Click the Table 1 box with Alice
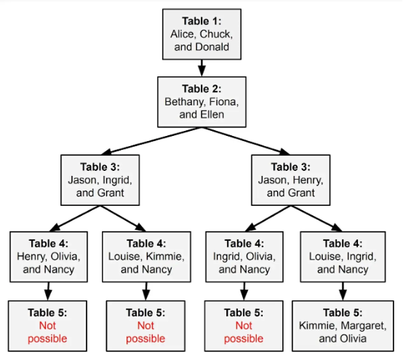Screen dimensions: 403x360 coord(201,34)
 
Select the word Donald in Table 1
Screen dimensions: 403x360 coord(212,47)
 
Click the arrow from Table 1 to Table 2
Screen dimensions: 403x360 coord(201,68)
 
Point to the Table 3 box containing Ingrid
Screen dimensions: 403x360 coord(100,180)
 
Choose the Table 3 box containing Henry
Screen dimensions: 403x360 coord(291,180)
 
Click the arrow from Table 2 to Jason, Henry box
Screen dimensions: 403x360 coord(246,141)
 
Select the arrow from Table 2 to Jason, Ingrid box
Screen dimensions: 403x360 coord(151,141)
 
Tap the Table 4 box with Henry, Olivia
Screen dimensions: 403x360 coord(49,257)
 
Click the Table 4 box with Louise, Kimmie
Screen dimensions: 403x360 coord(146,257)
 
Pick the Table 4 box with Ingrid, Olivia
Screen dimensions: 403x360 coord(244,257)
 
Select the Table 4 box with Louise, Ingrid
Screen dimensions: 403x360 coord(343,257)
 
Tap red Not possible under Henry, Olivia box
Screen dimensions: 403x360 coord(47,332)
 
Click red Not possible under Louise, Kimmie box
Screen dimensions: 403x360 coord(145,332)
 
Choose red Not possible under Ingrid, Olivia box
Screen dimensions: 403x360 coord(244,332)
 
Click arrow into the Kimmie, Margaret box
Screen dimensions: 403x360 coord(343,292)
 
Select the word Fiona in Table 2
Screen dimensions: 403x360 coord(224,102)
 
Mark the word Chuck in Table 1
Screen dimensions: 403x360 coord(216,34)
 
